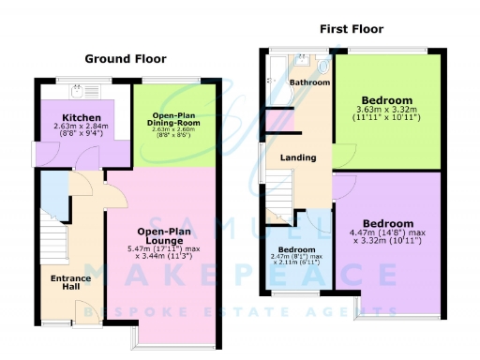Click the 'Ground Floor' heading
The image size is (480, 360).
coord(126,59)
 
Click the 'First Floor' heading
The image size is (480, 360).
coord(352,29)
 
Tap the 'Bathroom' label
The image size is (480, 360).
coord(309,82)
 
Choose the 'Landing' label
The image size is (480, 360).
coord(298,157)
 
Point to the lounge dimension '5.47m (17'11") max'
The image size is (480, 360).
coord(165,248)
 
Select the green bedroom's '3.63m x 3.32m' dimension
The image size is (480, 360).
coord(387,112)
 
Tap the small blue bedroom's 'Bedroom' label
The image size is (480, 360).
coord(296,249)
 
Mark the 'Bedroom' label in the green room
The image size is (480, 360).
coord(387,100)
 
